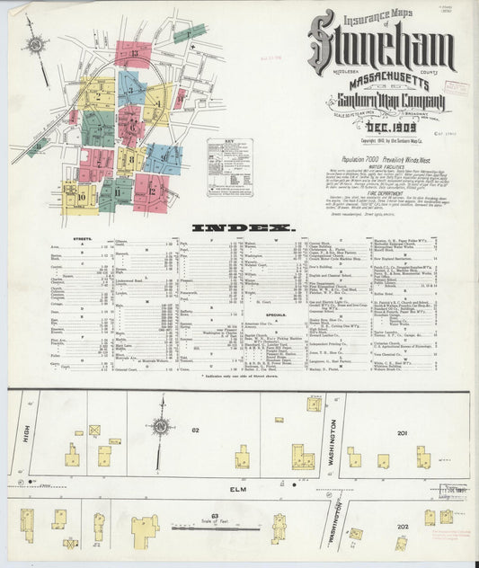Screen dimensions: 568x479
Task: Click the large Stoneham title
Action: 381,43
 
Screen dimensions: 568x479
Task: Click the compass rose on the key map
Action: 35,45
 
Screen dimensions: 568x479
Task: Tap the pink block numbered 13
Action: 132,54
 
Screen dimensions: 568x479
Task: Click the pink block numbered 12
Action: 151,191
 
